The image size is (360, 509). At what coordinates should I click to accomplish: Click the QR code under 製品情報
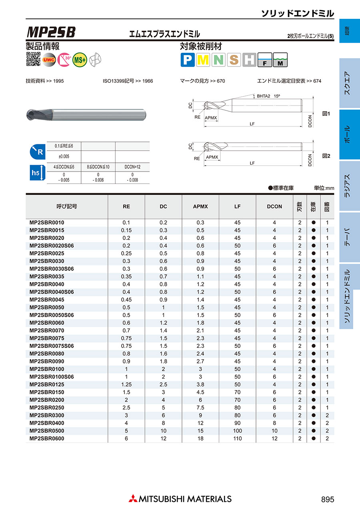tap(33, 59)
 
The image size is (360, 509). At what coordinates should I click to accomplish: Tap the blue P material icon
tap(187, 60)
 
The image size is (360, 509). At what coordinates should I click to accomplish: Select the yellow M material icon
tap(203, 60)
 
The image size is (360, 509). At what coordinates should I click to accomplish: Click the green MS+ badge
tap(80, 60)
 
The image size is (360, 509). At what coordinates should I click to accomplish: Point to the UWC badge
tap(49, 60)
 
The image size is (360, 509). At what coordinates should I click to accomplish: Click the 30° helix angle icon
tap(64, 60)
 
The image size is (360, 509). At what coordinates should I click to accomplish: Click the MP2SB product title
tap(51, 32)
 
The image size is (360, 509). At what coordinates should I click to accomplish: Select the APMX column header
tap(200, 207)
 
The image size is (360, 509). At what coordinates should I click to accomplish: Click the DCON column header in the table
tap(274, 207)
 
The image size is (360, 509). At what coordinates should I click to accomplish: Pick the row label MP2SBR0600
tap(47, 439)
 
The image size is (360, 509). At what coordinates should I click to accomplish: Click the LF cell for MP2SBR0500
tap(238, 431)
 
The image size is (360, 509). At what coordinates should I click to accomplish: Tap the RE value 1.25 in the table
tap(126, 385)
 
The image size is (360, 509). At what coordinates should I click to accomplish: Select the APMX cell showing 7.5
tap(200, 408)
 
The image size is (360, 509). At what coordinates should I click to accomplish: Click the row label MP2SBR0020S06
tap(52, 246)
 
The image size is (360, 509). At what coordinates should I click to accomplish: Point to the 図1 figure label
tap(326, 114)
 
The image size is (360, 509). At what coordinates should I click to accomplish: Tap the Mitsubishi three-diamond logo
tap(132, 499)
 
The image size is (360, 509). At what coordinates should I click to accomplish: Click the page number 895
tap(327, 499)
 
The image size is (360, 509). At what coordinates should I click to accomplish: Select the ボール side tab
tap(346, 135)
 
